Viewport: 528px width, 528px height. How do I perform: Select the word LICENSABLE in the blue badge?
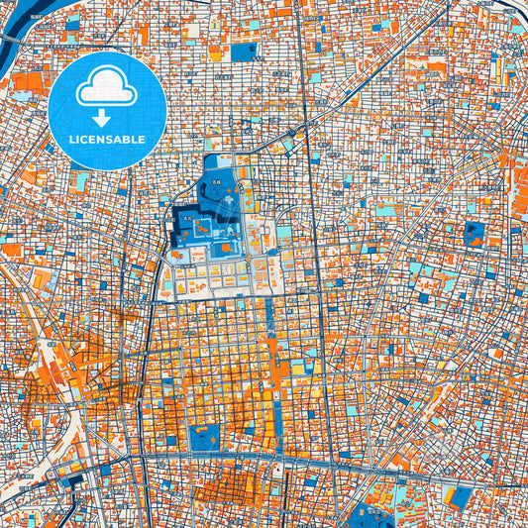(x=106, y=141)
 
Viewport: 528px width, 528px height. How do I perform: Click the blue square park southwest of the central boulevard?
(x=204, y=437)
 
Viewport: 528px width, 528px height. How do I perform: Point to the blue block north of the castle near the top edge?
(x=244, y=51)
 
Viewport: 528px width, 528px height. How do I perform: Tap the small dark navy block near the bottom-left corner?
(x=75, y=482)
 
